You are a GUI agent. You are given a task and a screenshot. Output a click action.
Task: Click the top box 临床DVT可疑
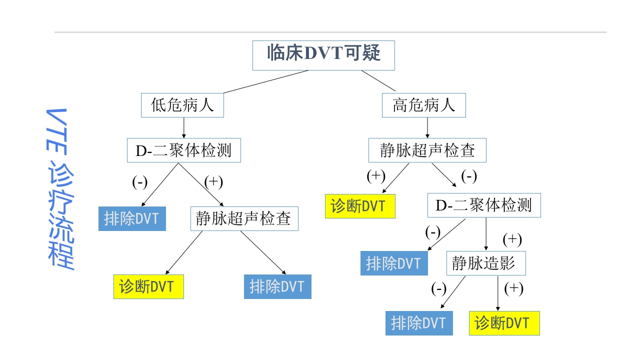click(x=323, y=55)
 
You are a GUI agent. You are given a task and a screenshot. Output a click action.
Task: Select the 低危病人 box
click(x=182, y=105)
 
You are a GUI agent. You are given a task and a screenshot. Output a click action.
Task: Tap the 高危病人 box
click(x=424, y=105)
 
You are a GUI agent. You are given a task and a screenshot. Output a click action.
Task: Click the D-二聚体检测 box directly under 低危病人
click(x=183, y=150)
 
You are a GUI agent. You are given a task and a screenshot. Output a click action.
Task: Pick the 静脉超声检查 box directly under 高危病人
click(x=427, y=150)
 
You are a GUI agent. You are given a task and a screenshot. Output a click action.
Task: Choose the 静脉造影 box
click(x=485, y=263)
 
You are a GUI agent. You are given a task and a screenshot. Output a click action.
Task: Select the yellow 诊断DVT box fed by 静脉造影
click(x=504, y=323)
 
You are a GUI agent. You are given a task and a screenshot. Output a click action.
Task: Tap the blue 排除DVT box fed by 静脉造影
click(x=419, y=323)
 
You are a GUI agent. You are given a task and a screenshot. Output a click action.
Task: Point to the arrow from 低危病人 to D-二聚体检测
click(x=183, y=128)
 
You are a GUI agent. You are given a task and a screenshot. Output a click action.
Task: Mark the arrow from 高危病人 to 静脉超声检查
click(x=427, y=128)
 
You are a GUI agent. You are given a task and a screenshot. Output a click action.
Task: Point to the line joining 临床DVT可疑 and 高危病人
click(x=378, y=81)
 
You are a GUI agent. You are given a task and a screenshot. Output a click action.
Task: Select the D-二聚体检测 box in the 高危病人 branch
click(x=484, y=205)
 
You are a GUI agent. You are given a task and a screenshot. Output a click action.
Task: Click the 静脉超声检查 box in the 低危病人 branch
click(x=244, y=219)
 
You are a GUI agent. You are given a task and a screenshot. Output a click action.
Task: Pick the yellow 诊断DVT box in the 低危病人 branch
click(x=148, y=286)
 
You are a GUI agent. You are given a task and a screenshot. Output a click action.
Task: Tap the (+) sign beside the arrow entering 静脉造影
click(x=511, y=239)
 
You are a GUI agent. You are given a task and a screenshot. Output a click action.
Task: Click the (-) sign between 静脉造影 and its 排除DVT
click(x=438, y=288)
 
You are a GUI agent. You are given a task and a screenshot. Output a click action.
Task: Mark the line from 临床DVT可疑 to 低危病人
click(x=266, y=81)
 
